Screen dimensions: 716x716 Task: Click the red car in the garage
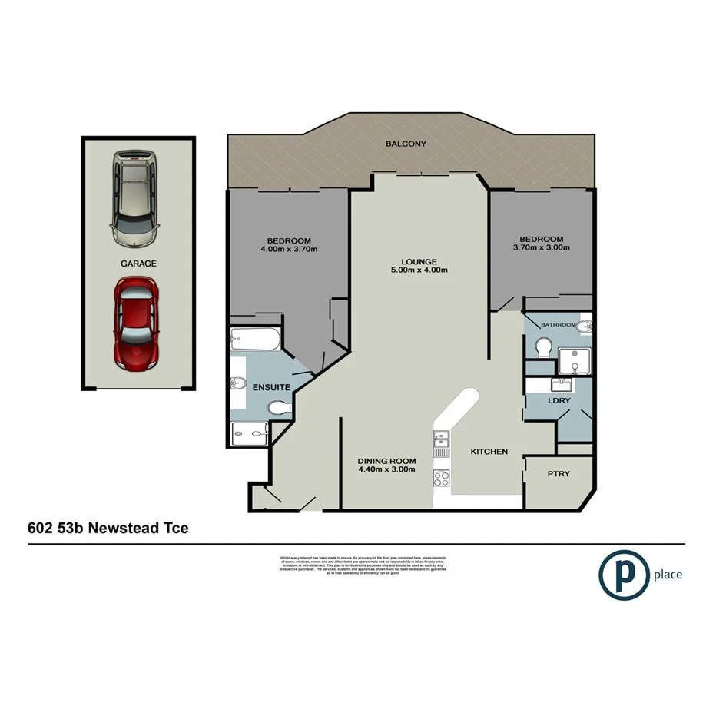[x=137, y=323]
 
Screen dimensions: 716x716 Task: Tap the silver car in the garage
[x=135, y=198]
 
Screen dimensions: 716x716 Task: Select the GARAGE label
[x=138, y=264]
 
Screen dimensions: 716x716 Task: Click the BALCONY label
[x=406, y=144]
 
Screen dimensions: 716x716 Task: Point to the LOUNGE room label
[x=418, y=260]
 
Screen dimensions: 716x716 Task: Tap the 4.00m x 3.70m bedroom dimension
[x=290, y=248]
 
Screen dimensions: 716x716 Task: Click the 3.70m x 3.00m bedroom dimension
[x=543, y=248]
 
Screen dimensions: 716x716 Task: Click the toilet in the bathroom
[x=545, y=347]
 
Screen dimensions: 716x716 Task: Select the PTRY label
[x=559, y=473]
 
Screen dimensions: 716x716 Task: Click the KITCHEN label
[x=489, y=452]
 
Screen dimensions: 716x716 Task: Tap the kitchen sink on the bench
[x=441, y=439]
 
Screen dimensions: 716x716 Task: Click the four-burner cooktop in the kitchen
[x=442, y=479]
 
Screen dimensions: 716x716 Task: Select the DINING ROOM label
[x=386, y=461]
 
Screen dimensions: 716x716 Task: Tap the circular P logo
[x=622, y=574]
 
